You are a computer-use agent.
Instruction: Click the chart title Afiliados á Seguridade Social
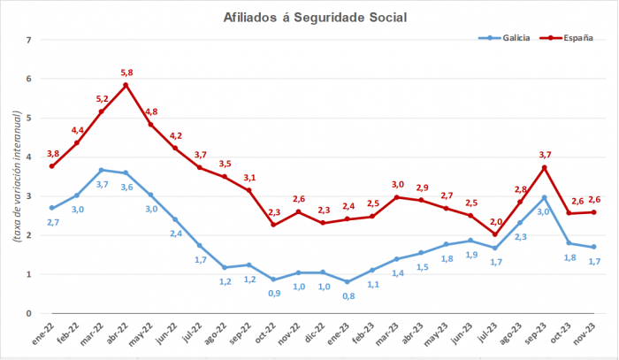(x=309, y=17)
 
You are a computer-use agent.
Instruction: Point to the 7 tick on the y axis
(x=29, y=41)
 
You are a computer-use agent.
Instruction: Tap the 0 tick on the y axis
(x=29, y=313)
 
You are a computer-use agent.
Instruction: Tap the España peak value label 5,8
(x=126, y=73)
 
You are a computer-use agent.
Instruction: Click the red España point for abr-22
(x=126, y=85)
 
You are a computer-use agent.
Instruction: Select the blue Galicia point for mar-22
(x=102, y=170)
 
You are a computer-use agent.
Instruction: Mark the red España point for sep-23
(x=544, y=167)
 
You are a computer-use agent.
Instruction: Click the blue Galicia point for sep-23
(x=544, y=197)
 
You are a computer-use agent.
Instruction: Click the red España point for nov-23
(x=592, y=211)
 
